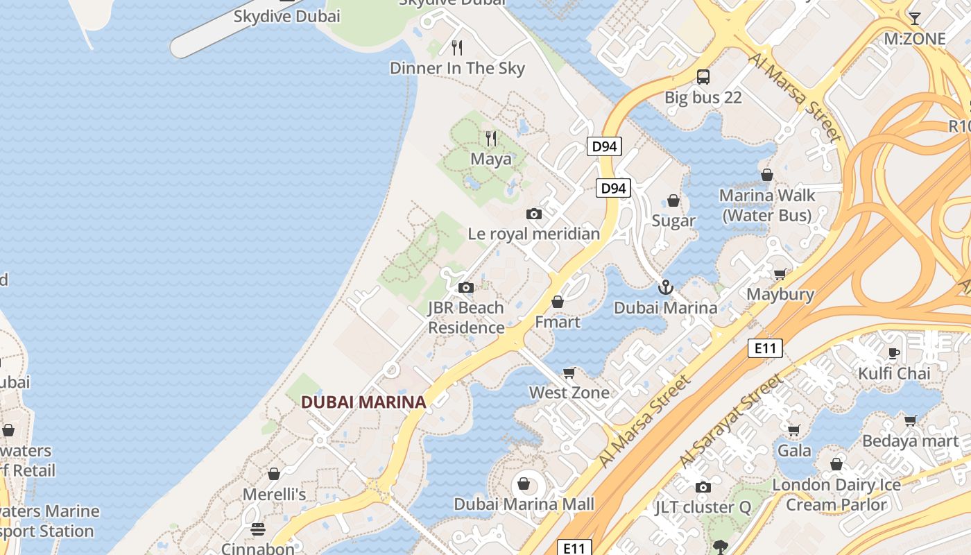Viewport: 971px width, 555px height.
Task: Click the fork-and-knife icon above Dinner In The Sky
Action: coord(456,48)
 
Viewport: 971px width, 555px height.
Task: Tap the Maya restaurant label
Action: coord(491,159)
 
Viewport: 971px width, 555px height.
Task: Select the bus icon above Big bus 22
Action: coord(703,76)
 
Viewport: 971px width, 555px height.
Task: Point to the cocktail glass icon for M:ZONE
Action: coord(914,18)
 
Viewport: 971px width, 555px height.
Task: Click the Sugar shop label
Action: coord(673,221)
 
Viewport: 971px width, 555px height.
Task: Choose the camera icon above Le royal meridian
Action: coord(533,214)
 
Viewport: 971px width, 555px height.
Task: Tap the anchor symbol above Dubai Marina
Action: coord(666,287)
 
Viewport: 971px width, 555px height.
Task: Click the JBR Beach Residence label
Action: coord(466,317)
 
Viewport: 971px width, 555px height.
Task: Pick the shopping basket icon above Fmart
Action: coord(558,302)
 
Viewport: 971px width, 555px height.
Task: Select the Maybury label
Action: coord(780,294)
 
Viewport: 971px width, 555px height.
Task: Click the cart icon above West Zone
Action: coord(569,373)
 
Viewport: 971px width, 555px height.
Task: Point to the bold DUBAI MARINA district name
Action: coord(363,402)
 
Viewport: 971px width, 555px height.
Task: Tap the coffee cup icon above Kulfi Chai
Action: coord(894,353)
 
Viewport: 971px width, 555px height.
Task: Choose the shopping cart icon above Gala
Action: coord(794,430)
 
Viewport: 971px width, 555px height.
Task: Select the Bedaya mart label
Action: coord(910,441)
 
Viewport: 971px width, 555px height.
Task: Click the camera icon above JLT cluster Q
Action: coord(703,487)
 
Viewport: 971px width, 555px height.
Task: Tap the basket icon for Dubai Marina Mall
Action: coord(524,484)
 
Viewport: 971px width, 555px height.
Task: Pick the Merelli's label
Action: coord(274,495)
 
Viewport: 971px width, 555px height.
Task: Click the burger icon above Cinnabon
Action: coord(258,530)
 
